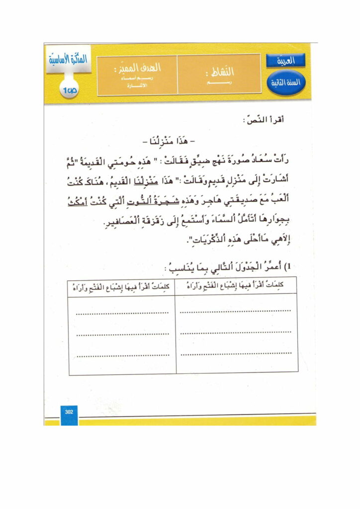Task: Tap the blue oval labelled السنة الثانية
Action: [x=284, y=82]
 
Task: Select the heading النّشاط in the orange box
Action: [x=219, y=72]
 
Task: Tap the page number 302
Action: [x=69, y=411]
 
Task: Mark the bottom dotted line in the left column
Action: [x=122, y=355]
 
